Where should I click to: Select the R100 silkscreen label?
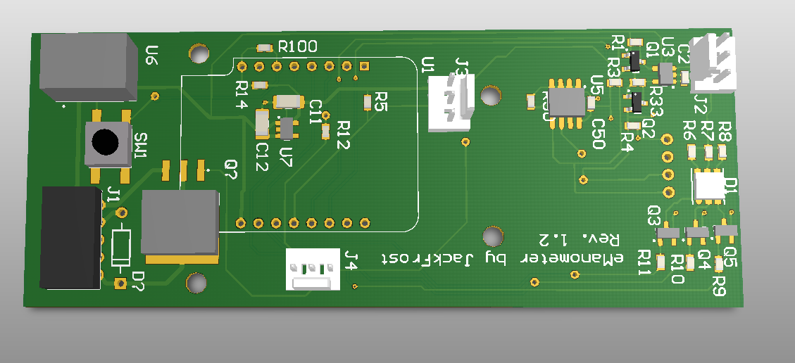[297, 47]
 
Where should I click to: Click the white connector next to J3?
[449, 103]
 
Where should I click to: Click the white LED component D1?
[708, 185]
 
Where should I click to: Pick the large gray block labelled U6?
[87, 68]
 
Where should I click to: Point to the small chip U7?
[286, 128]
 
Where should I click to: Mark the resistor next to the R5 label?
[368, 103]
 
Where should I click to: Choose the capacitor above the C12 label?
[262, 125]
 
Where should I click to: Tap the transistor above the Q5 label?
[724, 231]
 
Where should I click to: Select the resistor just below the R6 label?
[691, 151]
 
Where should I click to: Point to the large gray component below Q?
[180, 223]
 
